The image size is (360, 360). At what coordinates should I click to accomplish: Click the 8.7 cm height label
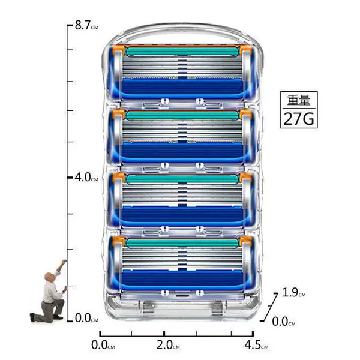pos(86,25)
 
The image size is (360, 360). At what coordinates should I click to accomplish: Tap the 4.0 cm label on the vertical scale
pos(86,177)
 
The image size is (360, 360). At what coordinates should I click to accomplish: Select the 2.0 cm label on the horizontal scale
pos(168,345)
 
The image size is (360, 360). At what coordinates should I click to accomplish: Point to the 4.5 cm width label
pos(256,345)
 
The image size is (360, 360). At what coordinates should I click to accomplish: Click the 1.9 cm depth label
pos(294,293)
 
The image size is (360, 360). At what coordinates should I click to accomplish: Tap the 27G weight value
pos(299,119)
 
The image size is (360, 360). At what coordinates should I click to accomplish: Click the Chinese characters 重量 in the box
pos(299,100)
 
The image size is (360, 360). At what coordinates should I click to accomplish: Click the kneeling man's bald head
pos(49,277)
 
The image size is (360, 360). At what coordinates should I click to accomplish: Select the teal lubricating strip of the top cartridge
pos(182,51)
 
